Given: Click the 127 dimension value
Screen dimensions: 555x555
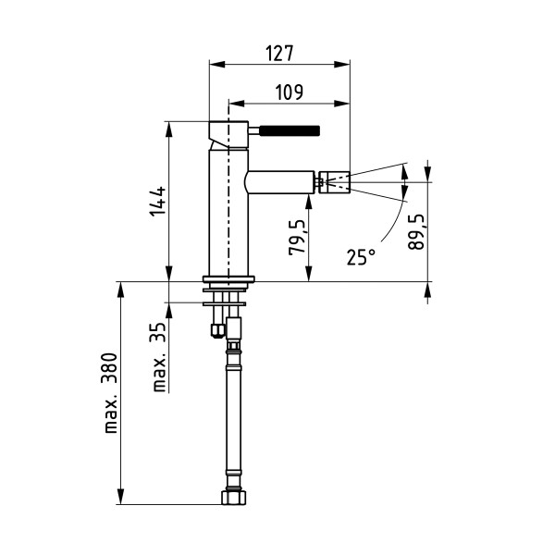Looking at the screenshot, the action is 279,53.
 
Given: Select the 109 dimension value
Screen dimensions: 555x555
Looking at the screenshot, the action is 290,92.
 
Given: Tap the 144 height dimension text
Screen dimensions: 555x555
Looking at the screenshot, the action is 157,201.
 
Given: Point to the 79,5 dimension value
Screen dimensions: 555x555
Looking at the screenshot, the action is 297,237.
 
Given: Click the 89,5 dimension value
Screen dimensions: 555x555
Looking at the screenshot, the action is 416,232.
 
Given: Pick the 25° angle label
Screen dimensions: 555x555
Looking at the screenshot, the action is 361,256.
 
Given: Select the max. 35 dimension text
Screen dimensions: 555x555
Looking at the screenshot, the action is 160,357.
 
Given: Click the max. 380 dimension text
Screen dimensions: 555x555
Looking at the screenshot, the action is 111,392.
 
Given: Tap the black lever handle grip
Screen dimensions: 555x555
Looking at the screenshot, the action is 290,130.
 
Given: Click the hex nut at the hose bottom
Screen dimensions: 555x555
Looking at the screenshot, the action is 234,498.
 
